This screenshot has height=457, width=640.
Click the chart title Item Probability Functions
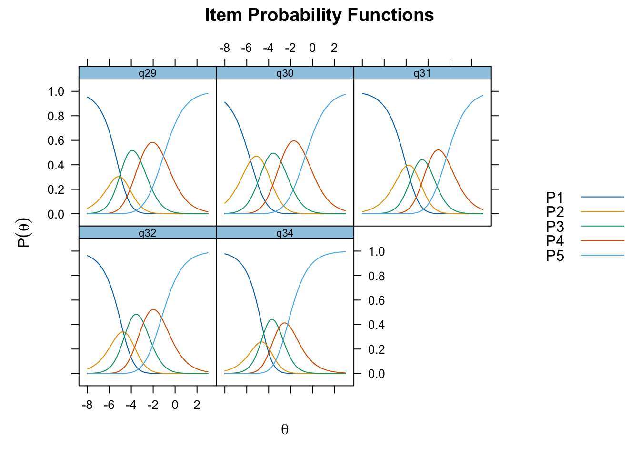[x=319, y=15]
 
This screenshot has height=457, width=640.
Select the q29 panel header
[x=148, y=73]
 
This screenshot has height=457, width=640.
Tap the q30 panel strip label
[x=285, y=73]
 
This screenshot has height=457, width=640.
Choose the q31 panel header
[x=422, y=73]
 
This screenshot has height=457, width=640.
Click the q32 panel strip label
[x=148, y=233]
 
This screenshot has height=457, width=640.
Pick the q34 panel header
[x=285, y=232]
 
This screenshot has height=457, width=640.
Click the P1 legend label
[x=555, y=197]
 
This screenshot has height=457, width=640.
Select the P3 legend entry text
[x=555, y=226]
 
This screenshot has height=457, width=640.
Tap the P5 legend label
[x=555, y=255]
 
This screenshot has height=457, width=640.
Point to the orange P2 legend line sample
[x=602, y=211]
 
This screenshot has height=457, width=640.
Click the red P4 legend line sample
[x=602, y=240]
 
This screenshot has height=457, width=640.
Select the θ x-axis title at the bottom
[x=285, y=429]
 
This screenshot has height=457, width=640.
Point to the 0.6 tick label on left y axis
[x=56, y=140]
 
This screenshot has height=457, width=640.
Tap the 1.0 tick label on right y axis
[x=376, y=251]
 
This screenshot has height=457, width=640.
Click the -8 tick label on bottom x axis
[x=87, y=405]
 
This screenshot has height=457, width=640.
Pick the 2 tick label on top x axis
[x=334, y=48]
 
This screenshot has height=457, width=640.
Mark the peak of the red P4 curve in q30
[x=294, y=141]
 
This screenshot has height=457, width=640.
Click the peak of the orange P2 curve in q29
[x=120, y=177]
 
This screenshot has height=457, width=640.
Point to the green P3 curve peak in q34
[x=272, y=319]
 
